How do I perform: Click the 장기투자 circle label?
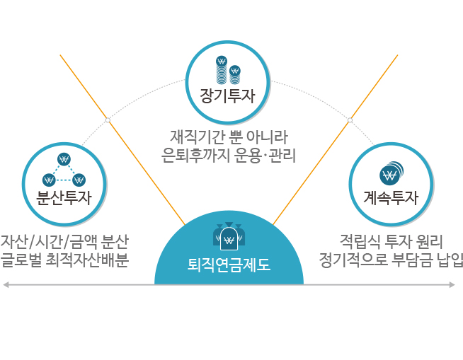[x=227, y=95]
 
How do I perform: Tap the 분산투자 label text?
[x=64, y=197]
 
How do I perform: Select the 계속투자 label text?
[x=391, y=197]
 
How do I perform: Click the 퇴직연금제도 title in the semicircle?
[x=229, y=265]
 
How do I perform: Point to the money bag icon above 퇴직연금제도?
[x=229, y=236]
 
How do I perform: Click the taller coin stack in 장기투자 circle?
[x=222, y=69]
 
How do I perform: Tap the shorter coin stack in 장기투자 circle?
[x=235, y=75]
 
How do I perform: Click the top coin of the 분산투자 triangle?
[x=64, y=159]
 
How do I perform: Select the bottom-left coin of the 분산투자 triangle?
[x=49, y=180]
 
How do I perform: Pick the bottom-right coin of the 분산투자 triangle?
[x=79, y=180]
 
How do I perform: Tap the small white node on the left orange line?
[x=108, y=120]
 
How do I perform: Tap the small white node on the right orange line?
[x=350, y=120]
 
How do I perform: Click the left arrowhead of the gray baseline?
[x=6, y=285]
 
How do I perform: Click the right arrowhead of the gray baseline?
[x=452, y=285]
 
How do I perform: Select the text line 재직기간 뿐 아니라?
[x=229, y=137]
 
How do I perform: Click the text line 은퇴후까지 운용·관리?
[x=229, y=155]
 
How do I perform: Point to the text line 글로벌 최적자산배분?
[x=64, y=260]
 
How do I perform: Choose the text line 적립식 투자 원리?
[x=391, y=241]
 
